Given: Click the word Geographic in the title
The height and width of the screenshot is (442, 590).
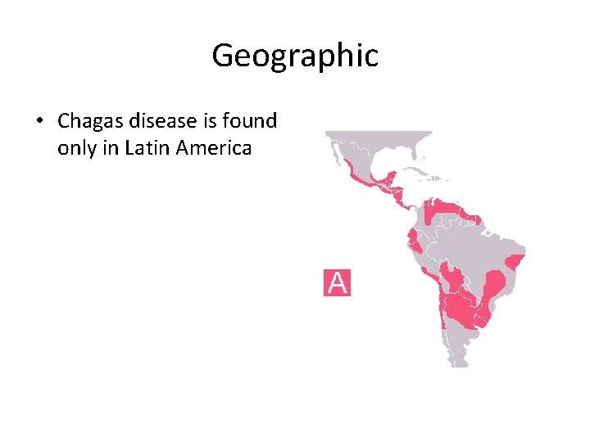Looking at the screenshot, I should coord(295,56).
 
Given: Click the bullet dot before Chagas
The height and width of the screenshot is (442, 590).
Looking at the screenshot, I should coord(39,122).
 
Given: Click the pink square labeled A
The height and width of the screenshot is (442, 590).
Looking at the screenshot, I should coord(337,282).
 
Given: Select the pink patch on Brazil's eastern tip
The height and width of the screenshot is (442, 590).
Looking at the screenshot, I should coord(515,262).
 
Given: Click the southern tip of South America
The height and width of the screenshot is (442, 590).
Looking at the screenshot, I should coord(460,363).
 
